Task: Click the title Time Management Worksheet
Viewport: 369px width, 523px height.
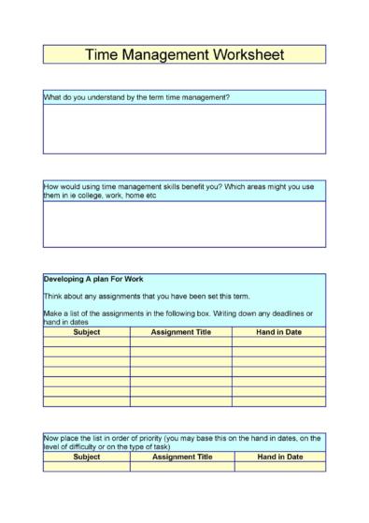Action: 184,54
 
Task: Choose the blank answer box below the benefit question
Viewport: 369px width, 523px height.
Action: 184,224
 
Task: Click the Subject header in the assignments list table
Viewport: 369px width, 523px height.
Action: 86,330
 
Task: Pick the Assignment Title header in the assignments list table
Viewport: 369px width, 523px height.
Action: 181,330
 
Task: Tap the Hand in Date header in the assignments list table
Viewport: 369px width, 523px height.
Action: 279,330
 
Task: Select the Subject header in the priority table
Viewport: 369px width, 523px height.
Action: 86,457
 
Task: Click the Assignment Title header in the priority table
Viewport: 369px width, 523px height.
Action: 181,457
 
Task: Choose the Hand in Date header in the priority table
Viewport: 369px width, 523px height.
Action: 279,457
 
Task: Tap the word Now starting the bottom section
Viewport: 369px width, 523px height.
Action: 51,437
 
